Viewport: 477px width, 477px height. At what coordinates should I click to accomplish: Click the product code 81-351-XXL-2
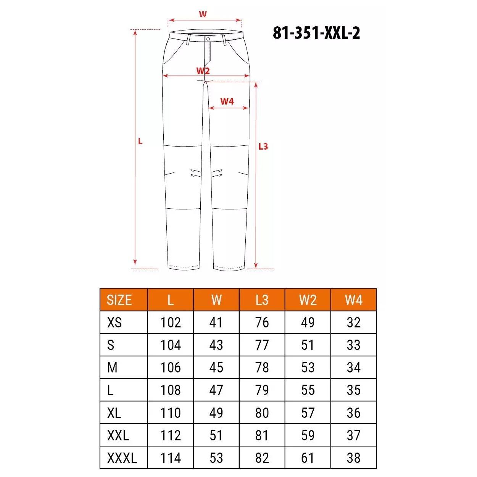[316, 33]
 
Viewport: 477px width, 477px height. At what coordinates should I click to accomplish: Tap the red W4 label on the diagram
[227, 101]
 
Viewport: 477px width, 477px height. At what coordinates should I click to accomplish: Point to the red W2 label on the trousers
[203, 71]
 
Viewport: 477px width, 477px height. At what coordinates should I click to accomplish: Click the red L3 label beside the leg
[263, 147]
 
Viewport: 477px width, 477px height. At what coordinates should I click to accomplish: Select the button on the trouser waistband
[208, 39]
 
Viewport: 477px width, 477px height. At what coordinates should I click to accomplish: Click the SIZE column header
[119, 300]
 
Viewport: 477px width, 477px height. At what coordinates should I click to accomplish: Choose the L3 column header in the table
[262, 300]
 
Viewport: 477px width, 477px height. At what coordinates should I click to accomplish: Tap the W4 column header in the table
[353, 300]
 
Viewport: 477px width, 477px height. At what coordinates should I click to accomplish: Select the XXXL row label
[122, 458]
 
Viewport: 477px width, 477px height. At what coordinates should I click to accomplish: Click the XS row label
[114, 322]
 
